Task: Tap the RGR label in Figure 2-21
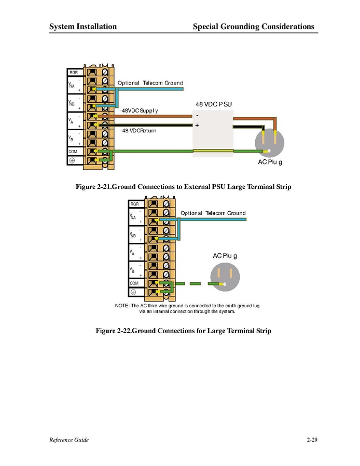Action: [73, 72]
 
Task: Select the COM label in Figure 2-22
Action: [134, 283]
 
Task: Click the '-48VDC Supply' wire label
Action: [139, 111]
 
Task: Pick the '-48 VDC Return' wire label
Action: [138, 131]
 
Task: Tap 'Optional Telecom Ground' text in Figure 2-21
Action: [150, 83]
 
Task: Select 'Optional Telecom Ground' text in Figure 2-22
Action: [213, 213]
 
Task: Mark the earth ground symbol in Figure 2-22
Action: [133, 293]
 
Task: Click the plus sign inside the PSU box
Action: [197, 126]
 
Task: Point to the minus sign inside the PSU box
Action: [197, 115]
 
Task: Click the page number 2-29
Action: [312, 440]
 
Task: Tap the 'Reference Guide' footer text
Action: [69, 440]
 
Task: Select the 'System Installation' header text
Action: [83, 26]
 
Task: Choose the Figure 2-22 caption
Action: [183, 331]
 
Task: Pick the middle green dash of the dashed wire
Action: [195, 284]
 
